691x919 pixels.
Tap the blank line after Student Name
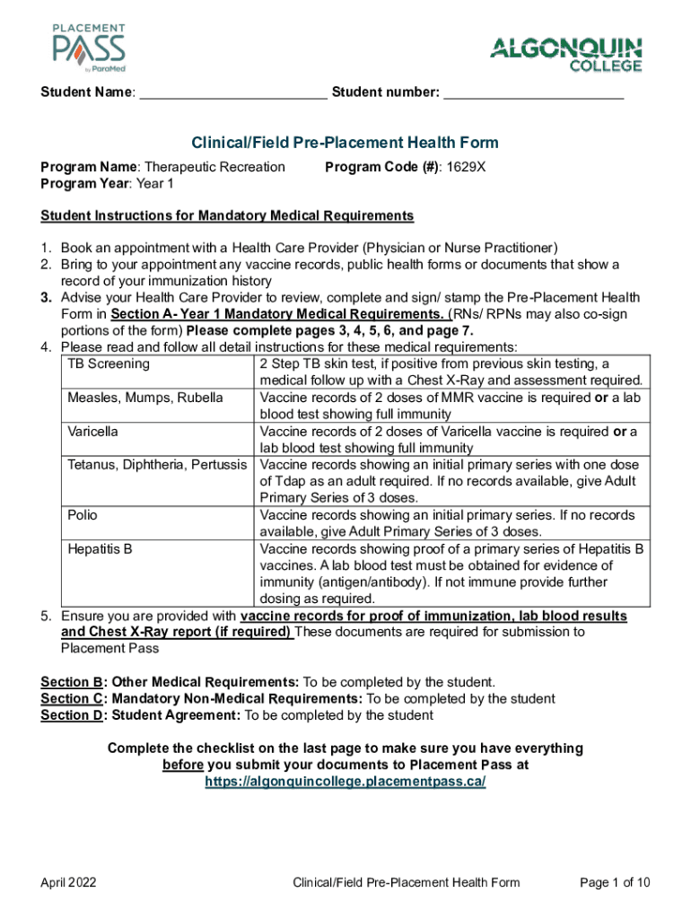coord(233,93)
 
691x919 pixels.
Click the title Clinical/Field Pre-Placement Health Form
coord(345,143)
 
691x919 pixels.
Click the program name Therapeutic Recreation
coord(214,167)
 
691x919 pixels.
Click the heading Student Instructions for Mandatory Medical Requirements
coord(227,216)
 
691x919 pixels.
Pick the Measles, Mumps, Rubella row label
coord(144,398)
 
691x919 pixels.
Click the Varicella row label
coord(93,432)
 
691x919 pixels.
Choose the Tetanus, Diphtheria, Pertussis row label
coord(159,465)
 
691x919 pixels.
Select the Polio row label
coord(83,515)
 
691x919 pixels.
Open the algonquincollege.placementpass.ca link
coord(345,782)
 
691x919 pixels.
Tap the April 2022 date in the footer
coord(69,883)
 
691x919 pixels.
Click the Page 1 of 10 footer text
coord(615,883)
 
